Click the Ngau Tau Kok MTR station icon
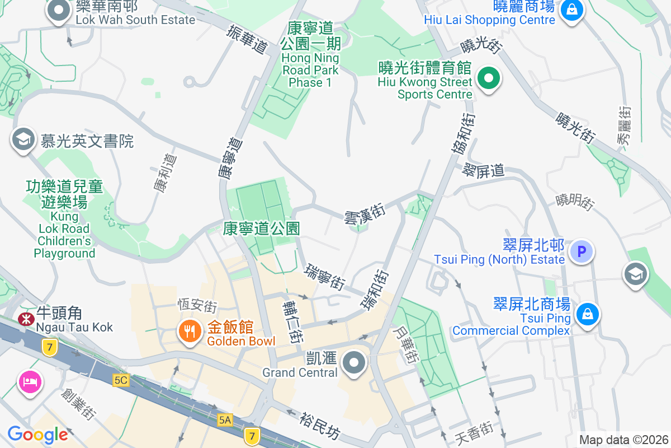25,319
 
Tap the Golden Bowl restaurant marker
190,332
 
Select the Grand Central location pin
354,363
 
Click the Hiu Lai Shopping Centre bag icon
572,9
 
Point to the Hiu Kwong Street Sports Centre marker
489,78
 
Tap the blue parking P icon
581,251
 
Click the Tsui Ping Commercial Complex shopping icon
588,314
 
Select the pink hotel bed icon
29,382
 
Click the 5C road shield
120,380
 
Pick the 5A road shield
225,419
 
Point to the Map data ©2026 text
623,440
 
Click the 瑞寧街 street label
324,277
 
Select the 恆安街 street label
197,306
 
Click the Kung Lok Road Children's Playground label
64,218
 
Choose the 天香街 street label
473,432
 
